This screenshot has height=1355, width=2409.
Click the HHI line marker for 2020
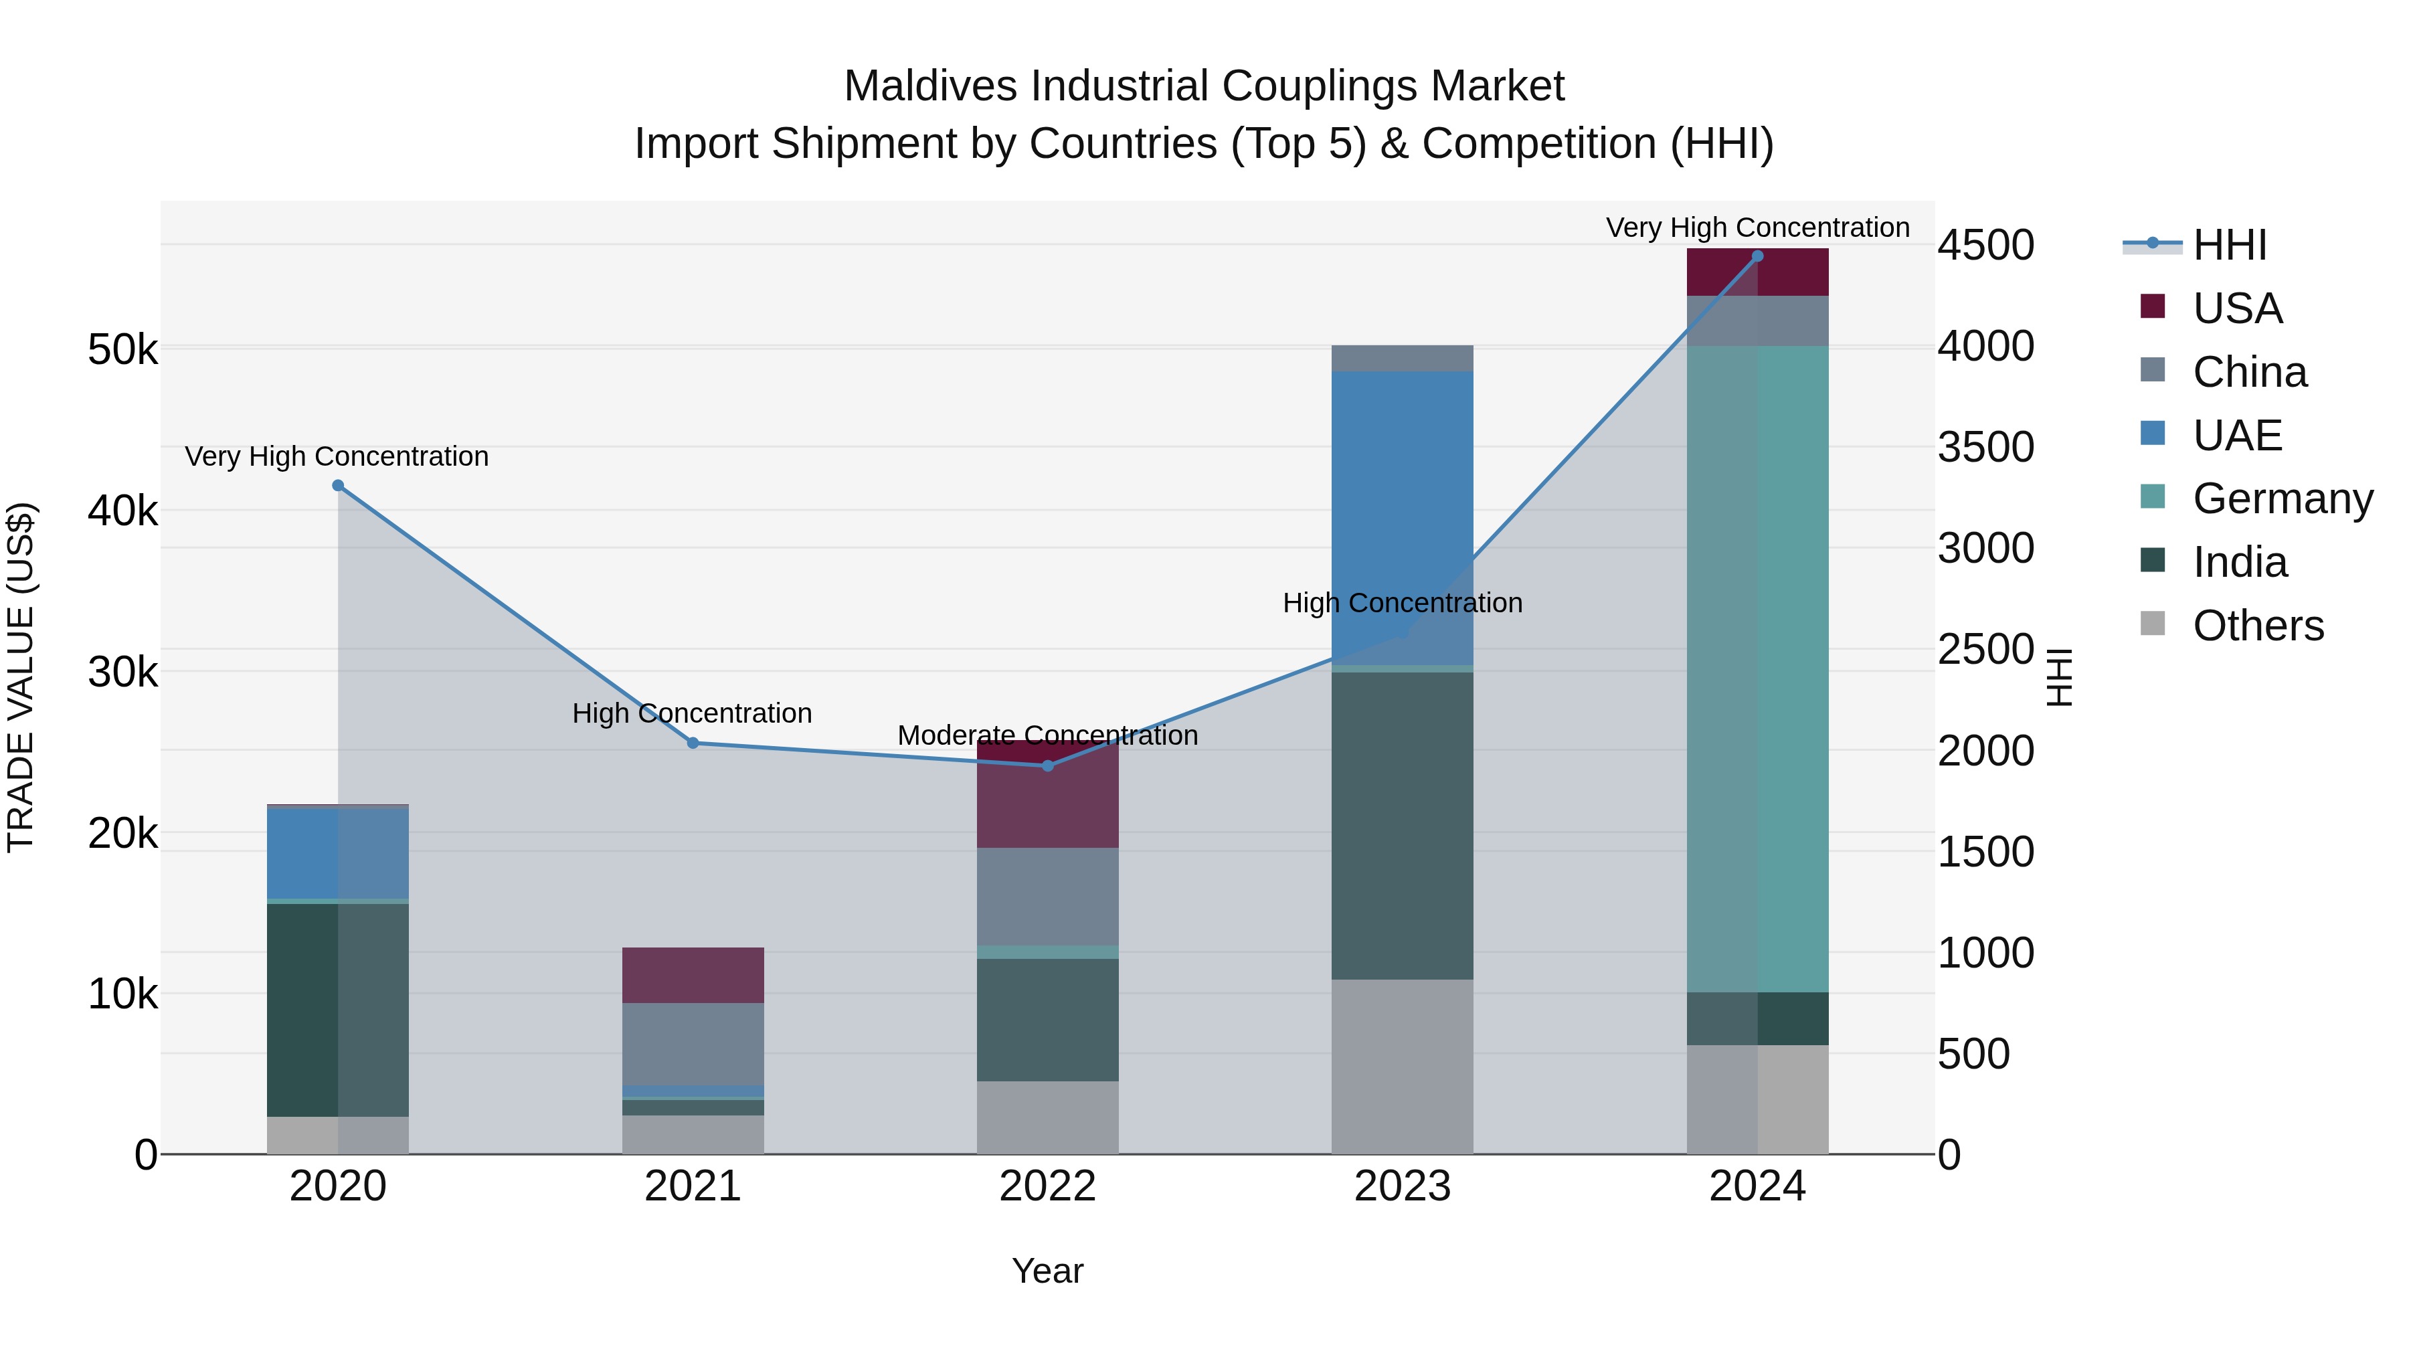point(339,485)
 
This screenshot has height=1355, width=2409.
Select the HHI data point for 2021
point(693,743)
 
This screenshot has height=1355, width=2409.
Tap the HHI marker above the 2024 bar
point(1757,256)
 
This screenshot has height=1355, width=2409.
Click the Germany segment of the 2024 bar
point(1757,668)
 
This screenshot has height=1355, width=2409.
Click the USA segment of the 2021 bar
point(693,976)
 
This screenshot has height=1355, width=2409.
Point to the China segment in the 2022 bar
point(1047,897)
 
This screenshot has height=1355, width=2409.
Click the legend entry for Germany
point(2282,499)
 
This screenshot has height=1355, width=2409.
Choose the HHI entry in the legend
point(2230,245)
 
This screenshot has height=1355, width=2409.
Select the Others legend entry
point(2258,626)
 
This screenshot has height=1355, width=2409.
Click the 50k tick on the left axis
point(122,351)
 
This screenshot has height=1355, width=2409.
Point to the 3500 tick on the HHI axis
point(1985,447)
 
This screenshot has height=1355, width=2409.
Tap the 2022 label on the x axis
point(1047,1186)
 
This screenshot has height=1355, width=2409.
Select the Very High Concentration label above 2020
point(337,456)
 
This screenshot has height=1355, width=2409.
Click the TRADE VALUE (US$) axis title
point(21,677)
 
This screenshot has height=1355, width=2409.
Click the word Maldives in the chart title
point(931,86)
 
